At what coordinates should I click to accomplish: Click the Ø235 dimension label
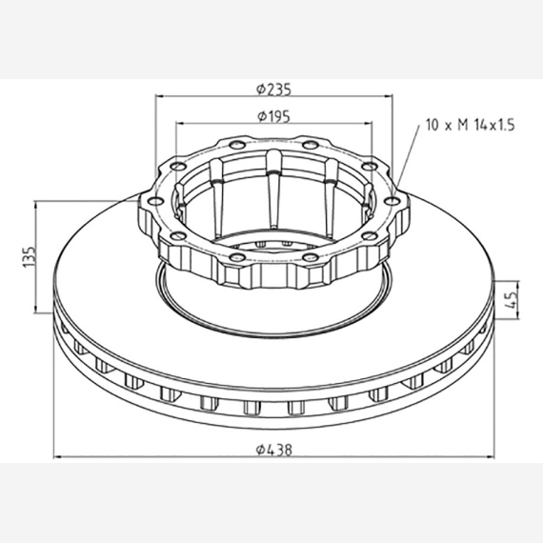(x=274, y=90)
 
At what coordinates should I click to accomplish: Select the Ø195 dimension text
(x=274, y=117)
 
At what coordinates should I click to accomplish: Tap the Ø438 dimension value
(x=274, y=450)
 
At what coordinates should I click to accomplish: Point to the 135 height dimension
(x=30, y=256)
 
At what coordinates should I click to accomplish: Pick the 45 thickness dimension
(x=513, y=299)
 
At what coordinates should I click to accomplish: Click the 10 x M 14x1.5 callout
(x=471, y=125)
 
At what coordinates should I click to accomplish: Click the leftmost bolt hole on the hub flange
(x=154, y=201)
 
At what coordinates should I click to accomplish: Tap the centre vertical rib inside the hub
(x=274, y=189)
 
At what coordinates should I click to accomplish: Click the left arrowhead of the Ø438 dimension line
(x=57, y=457)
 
